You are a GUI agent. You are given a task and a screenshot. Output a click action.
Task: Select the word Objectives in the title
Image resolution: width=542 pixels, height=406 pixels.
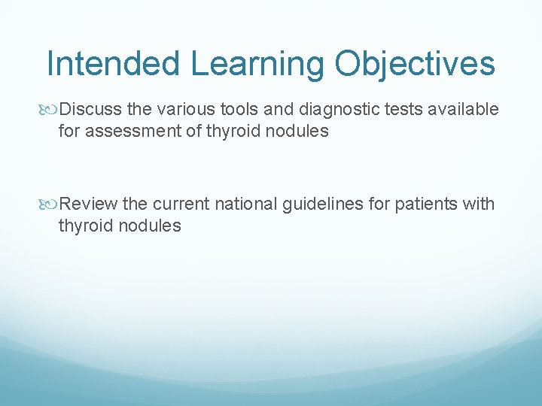coord(416,64)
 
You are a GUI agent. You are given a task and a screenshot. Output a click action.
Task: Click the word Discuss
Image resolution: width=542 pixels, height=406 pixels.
coord(90,110)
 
